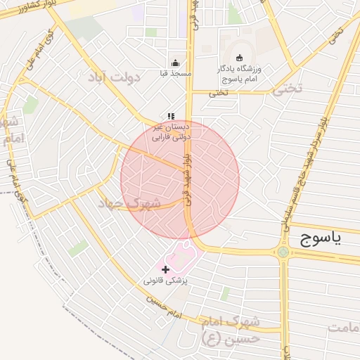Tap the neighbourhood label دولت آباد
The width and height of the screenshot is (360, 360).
tap(115, 77)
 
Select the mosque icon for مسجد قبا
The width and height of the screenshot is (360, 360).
tap(175, 63)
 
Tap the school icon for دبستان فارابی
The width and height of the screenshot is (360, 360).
tap(170, 116)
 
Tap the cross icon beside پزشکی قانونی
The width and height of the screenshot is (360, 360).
tap(165, 269)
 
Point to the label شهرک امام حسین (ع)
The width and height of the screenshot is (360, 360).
tap(230, 330)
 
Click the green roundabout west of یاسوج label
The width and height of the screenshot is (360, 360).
tap(283, 252)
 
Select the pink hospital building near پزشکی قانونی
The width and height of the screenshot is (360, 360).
tap(181, 256)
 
